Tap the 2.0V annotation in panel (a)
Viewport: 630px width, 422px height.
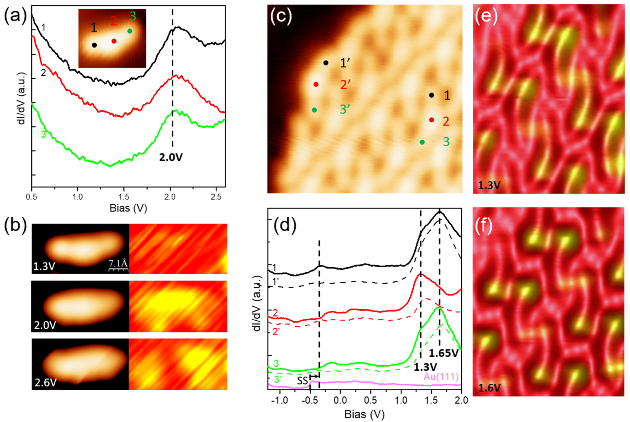[x=171, y=157]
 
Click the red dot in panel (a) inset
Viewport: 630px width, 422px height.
[x=114, y=41]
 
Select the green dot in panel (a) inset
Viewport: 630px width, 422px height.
[x=130, y=31]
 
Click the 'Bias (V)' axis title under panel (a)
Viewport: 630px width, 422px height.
[x=128, y=208]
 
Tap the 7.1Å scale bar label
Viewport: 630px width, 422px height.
[x=118, y=264]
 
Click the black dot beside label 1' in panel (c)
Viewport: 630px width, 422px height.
[x=326, y=63]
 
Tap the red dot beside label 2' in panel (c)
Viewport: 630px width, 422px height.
[x=316, y=84]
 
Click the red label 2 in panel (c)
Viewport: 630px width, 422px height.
[x=446, y=122]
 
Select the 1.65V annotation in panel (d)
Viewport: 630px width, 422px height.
[x=444, y=353]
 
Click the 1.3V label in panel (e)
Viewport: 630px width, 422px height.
[x=489, y=185]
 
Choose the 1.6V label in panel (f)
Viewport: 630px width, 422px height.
[x=489, y=388]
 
